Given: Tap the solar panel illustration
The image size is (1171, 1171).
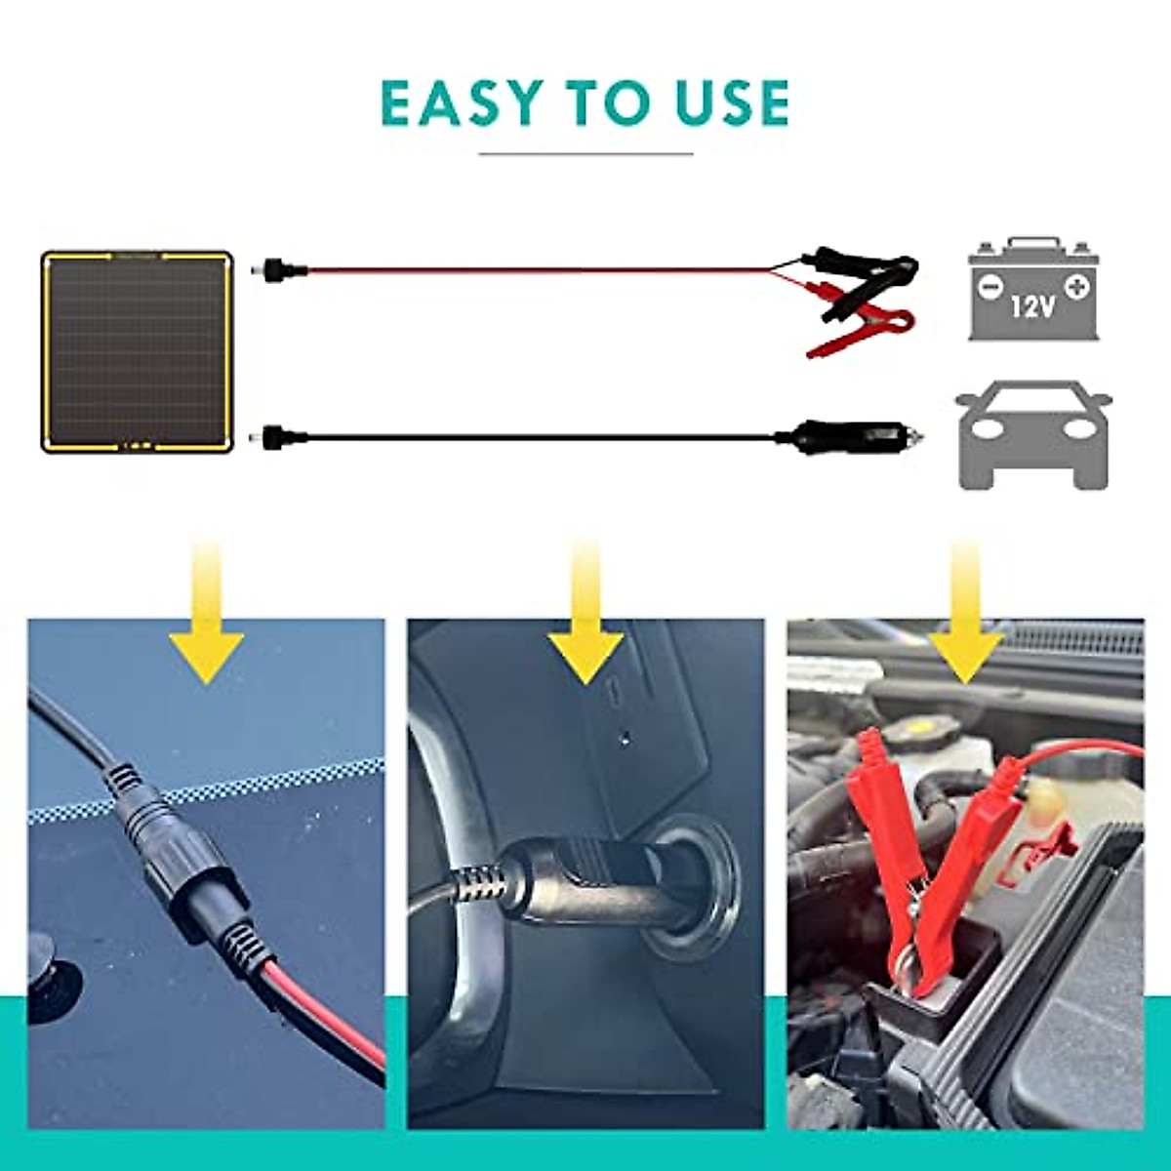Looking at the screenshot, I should pos(138,353).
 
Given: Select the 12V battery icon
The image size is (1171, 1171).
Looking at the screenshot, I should pos(1033,289).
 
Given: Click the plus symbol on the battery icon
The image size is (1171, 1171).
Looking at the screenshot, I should pos(1077,287).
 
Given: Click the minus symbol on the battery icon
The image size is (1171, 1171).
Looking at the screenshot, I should pos(989,288).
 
